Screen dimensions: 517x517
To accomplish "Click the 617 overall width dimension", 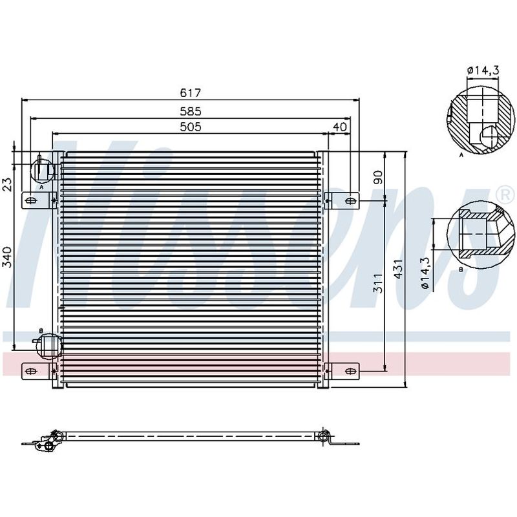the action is tap(190, 93).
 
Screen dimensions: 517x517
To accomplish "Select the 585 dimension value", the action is tap(190, 111).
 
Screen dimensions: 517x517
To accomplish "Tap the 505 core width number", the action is tap(190, 127).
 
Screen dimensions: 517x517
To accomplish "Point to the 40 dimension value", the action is tap(340, 127).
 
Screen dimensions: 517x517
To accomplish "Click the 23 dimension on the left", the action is tap(7, 184).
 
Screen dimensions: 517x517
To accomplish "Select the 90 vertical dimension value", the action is tap(378, 177).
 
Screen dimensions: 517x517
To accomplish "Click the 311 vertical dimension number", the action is tap(378, 283).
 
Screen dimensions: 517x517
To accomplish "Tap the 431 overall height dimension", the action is tap(398, 269).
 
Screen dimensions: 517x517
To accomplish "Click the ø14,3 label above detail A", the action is tap(483, 70).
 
